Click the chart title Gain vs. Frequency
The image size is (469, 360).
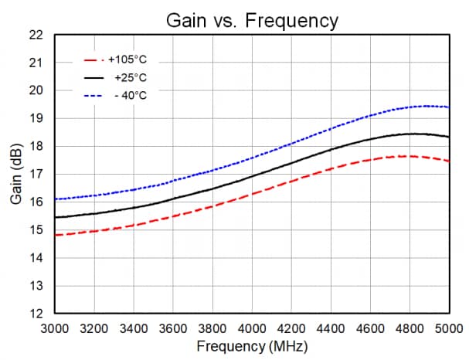(x=252, y=20)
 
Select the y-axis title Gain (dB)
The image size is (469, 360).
(x=16, y=175)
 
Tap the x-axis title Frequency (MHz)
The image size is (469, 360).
(x=252, y=346)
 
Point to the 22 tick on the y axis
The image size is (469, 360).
(x=36, y=35)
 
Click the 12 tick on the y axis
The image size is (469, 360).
(x=36, y=314)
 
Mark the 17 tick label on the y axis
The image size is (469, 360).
(x=36, y=175)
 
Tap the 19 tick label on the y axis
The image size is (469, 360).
(x=36, y=119)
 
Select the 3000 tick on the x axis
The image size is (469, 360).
(x=54, y=327)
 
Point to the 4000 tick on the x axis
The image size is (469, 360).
(x=252, y=327)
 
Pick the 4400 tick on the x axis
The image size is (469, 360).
(x=331, y=327)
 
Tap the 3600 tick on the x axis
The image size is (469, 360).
(x=172, y=327)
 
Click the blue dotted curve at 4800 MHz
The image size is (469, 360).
(x=410, y=107)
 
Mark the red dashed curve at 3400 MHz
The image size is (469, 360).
(x=133, y=225)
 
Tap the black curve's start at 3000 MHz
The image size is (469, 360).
(x=55, y=217)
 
